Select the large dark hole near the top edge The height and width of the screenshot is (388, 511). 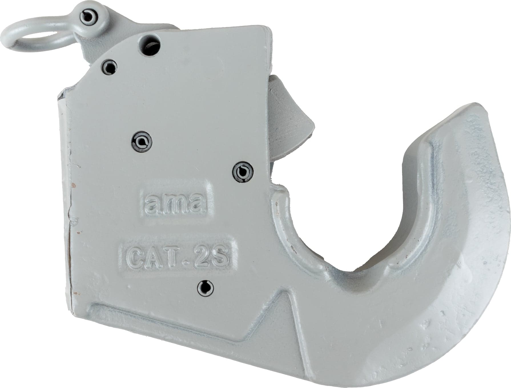pos(151,45)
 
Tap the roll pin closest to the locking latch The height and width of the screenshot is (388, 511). pos(243,172)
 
